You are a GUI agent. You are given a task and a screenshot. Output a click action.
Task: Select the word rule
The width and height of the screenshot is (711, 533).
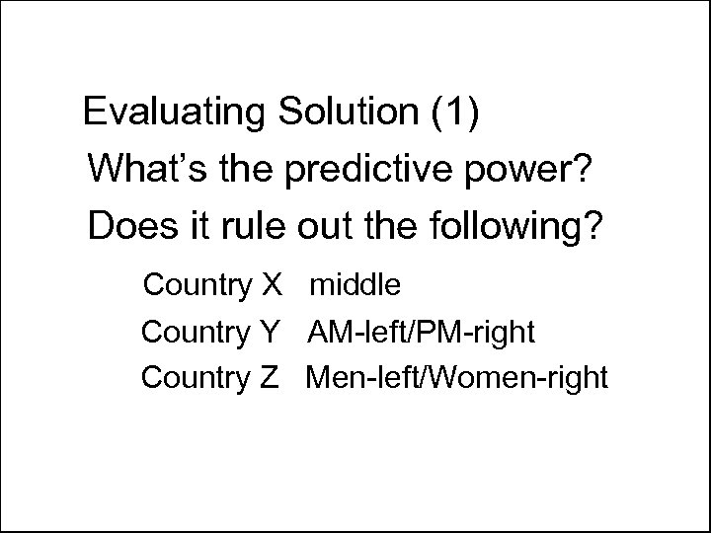tap(247, 225)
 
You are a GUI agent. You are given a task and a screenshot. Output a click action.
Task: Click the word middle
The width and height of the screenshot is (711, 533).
tap(355, 286)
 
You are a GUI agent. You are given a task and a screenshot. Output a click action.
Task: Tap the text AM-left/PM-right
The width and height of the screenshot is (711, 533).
tap(422, 333)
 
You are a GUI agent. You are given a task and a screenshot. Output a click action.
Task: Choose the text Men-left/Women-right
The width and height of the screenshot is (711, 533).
tap(457, 377)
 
